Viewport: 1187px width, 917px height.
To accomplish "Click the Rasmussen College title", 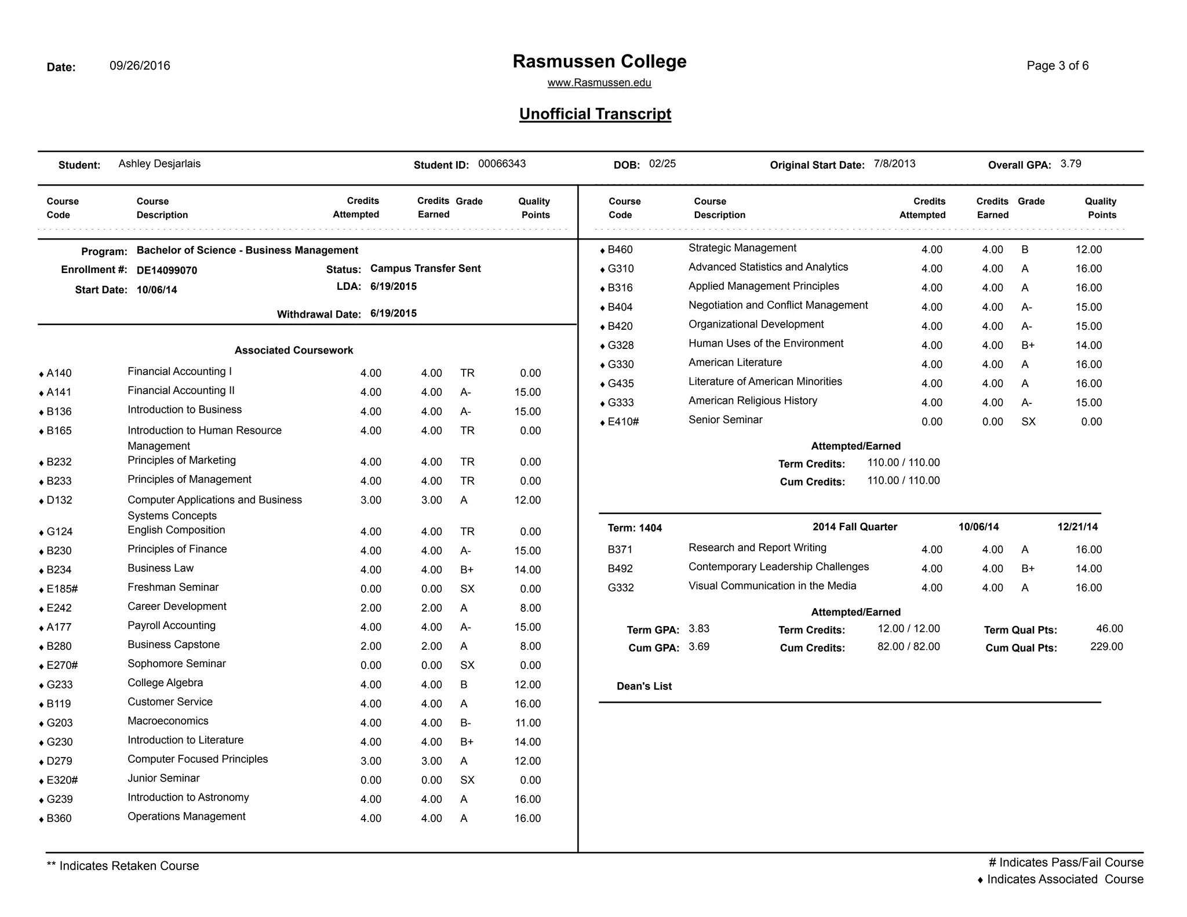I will pos(599,61).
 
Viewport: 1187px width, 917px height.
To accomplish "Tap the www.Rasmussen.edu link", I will pos(599,83).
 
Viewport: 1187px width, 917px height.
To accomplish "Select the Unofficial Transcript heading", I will pos(595,114).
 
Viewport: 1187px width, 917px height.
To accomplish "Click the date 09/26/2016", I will pos(140,66).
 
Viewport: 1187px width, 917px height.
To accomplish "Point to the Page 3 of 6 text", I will pos(1057,66).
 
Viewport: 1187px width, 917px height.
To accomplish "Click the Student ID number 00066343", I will pos(501,164).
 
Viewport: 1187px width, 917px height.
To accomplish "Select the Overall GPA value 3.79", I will pos(1071,164).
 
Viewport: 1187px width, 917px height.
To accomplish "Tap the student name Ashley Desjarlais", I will pos(159,164).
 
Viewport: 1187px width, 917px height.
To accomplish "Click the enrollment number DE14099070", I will pos(167,271).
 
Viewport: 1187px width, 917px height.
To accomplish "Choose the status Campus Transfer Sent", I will pos(425,269).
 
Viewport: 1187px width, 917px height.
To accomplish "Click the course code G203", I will pos(60,723).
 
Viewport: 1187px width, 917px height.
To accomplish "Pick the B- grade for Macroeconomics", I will pos(465,723).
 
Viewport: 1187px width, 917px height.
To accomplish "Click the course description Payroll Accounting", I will pos(172,625).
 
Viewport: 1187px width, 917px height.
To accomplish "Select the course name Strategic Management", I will pos(742,248).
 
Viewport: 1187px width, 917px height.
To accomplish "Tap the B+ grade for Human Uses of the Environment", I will pos(1028,345).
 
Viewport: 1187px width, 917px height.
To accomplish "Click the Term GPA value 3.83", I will pos(699,629).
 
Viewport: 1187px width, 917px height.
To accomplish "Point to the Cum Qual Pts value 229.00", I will pos(1106,647).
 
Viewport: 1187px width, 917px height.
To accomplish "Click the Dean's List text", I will pos(644,686).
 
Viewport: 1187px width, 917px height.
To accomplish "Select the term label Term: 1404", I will pos(635,528).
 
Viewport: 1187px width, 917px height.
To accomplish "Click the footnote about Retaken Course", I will pos(123,866).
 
